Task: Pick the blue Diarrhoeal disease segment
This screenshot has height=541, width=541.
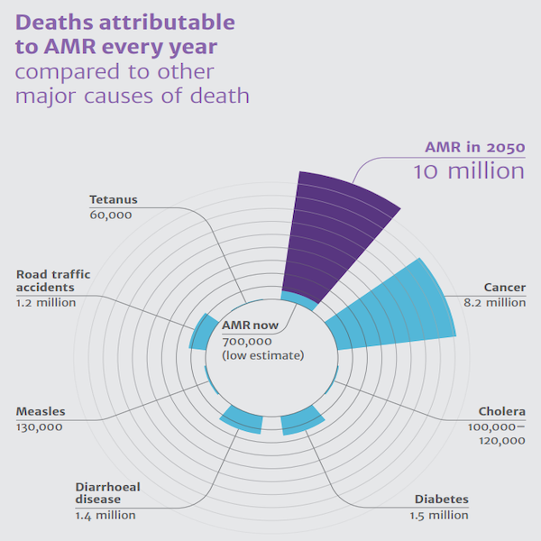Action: [x=242, y=418]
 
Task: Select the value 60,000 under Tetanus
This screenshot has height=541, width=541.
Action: [x=111, y=215]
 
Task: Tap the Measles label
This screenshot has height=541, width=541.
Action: [x=41, y=411]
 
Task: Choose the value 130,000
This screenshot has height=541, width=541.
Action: [x=40, y=426]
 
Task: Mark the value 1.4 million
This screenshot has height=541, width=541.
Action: [x=105, y=515]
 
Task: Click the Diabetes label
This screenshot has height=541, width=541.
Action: [x=442, y=500]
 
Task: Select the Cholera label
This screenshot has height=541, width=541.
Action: [x=501, y=411]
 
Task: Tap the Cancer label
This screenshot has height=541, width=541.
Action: [x=505, y=288]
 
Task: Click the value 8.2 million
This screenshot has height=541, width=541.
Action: [x=495, y=303]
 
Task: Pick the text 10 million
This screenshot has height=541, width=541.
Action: [x=469, y=171]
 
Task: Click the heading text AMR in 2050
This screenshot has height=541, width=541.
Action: [x=475, y=147]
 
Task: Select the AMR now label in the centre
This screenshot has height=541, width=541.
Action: [x=251, y=326]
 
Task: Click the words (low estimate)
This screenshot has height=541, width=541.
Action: [x=262, y=355]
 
